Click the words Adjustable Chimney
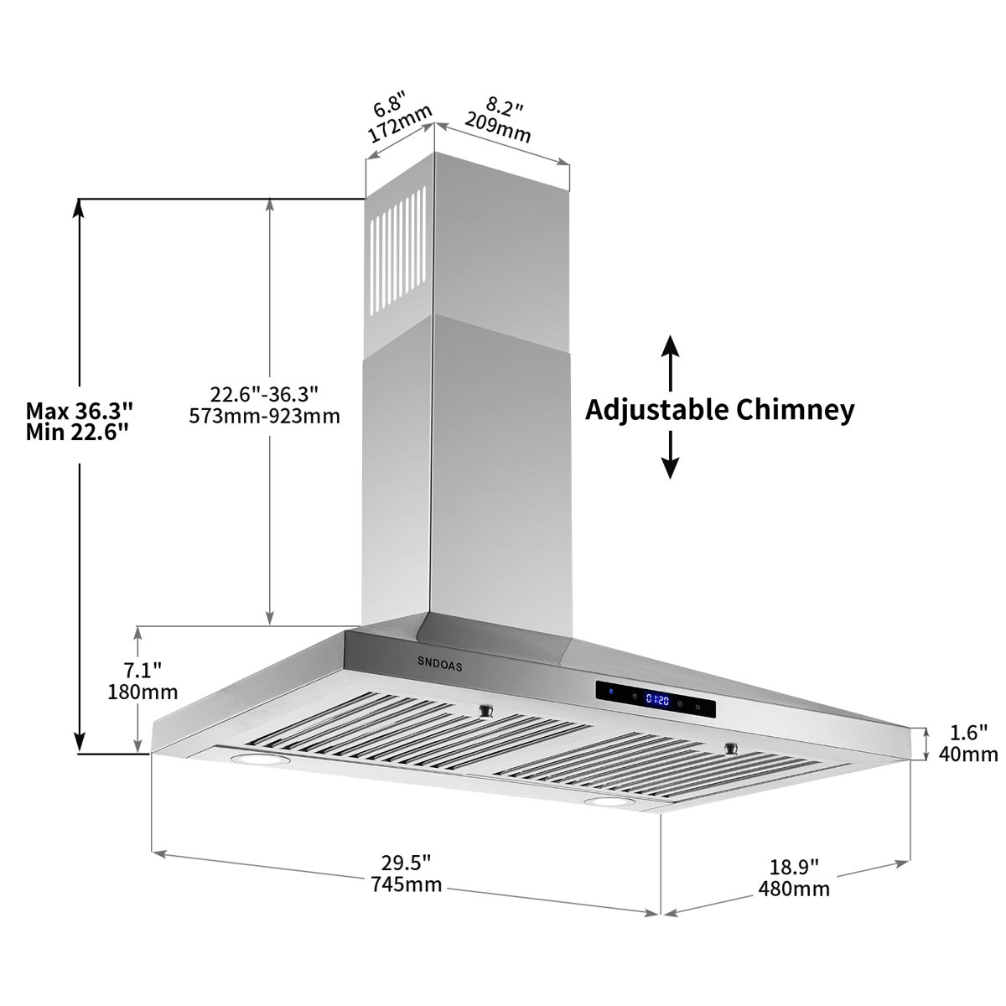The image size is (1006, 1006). click(x=719, y=410)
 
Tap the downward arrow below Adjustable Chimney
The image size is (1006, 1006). click(x=669, y=457)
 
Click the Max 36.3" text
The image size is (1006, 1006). click(x=80, y=411)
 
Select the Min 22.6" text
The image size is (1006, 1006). click(x=77, y=432)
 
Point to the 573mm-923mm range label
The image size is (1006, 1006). click(x=265, y=416)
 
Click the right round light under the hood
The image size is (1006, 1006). click(x=609, y=803)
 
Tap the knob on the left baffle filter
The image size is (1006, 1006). click(x=485, y=711)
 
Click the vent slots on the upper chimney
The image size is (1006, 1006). click(x=397, y=252)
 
